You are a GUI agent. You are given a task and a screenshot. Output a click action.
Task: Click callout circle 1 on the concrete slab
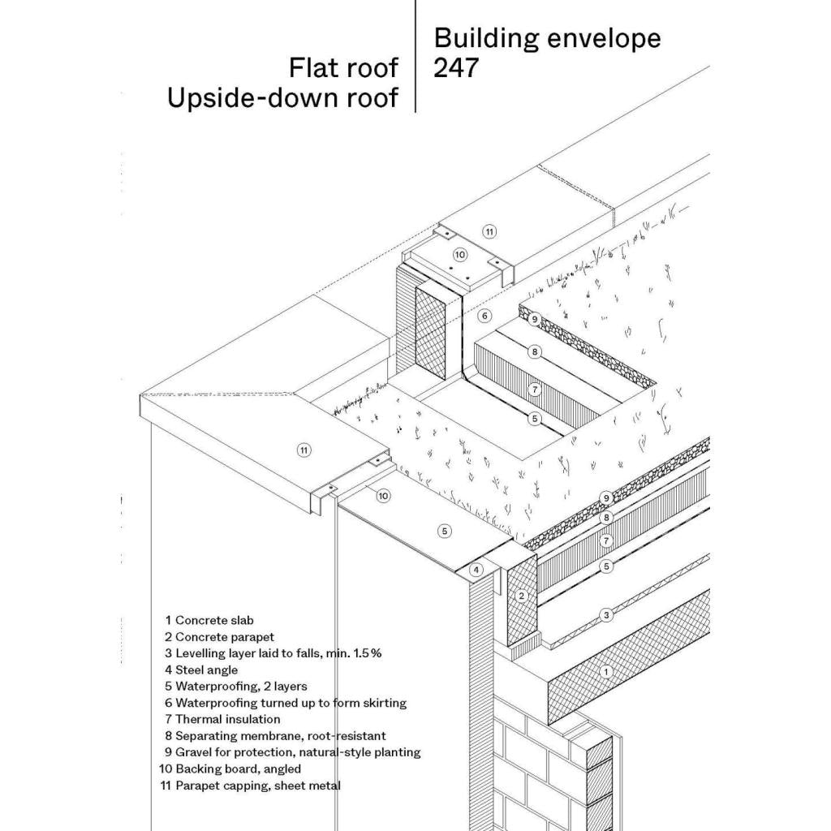[x=604, y=671]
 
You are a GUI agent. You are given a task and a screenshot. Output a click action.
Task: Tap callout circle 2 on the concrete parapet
[x=523, y=595]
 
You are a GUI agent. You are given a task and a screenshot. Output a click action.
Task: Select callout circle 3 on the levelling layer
[x=606, y=615]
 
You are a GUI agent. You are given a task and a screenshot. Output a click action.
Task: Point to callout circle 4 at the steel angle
[x=477, y=570]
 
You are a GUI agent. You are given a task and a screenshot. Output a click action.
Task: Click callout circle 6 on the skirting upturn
[x=484, y=316]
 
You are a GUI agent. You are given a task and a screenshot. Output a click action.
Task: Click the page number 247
[x=456, y=68]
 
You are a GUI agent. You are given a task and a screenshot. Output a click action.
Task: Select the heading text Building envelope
[x=547, y=38]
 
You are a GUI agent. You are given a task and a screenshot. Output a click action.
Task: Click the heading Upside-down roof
[x=282, y=97]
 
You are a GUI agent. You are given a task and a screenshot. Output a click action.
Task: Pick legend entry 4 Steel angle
[x=201, y=670]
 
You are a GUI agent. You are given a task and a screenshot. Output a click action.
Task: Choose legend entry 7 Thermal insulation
[x=222, y=719]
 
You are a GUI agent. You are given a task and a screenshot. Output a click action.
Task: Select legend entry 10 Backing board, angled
[x=230, y=769]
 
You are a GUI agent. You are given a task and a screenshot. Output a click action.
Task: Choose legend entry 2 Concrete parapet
[x=219, y=637]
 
